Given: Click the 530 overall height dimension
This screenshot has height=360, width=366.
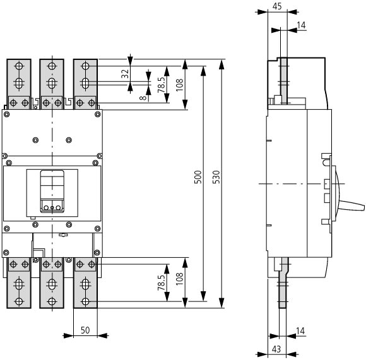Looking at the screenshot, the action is point(216,177).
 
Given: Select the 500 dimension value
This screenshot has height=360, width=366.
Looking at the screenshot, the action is point(198,177).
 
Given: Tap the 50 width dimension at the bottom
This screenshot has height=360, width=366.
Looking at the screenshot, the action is point(85,330).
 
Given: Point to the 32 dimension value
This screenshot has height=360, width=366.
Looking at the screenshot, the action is point(126,73).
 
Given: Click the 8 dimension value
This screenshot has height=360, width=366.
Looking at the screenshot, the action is point(143,98).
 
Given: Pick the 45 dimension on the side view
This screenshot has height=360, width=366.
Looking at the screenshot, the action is point(277,6).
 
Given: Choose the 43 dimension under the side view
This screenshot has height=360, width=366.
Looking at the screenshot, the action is point(276,349).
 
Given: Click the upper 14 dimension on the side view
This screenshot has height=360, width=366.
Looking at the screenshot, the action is point(302,25).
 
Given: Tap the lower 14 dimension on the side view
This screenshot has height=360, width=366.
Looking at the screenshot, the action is point(300,330).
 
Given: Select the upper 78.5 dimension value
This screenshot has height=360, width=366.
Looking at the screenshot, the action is point(161,84).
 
